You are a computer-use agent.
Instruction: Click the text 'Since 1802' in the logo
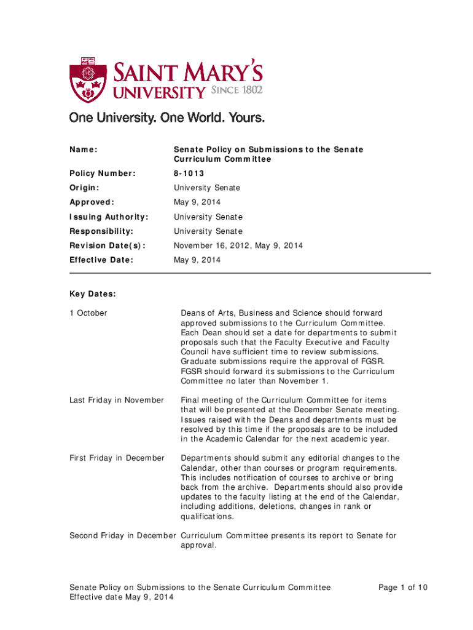(237, 91)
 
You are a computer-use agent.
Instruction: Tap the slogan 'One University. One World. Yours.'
(167, 118)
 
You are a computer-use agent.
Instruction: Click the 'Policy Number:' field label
(102, 173)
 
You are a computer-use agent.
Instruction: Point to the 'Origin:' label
(85, 188)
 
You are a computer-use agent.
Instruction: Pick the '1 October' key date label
(88, 313)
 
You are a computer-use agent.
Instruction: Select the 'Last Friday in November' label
(117, 401)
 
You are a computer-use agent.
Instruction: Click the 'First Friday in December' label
(117, 458)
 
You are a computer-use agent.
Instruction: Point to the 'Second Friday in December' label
(122, 536)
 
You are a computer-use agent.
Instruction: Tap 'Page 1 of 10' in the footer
(403, 588)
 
